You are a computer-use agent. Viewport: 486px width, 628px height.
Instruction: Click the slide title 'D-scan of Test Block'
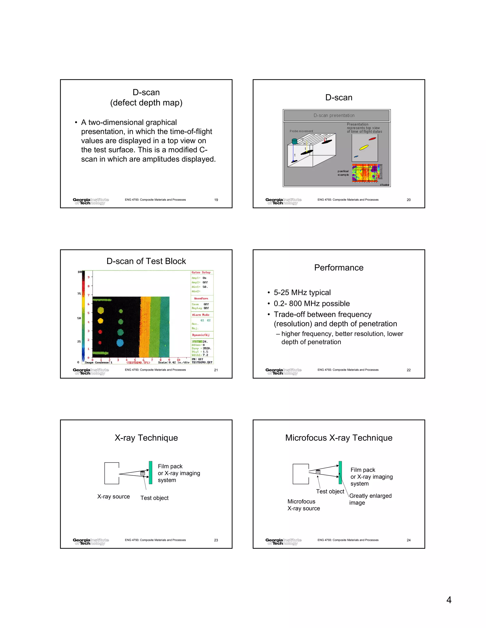click(x=146, y=261)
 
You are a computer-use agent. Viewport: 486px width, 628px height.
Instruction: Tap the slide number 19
click(x=216, y=200)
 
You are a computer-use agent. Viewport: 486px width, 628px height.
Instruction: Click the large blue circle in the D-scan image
click(x=120, y=343)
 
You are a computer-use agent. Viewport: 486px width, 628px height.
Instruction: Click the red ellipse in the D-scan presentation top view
click(x=372, y=139)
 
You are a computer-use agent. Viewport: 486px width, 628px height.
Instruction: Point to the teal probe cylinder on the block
click(x=294, y=141)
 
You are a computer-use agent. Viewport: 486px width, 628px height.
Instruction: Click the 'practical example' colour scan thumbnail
click(x=365, y=173)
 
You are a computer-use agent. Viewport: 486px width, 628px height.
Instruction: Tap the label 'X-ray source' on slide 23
click(x=113, y=496)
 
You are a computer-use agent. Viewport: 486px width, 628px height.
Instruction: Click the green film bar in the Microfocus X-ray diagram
click(x=340, y=473)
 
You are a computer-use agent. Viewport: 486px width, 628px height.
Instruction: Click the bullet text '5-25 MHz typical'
click(x=302, y=292)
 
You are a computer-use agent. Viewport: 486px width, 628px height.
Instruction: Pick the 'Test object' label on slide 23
click(x=154, y=498)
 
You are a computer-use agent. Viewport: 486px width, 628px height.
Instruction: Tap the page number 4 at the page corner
click(x=449, y=600)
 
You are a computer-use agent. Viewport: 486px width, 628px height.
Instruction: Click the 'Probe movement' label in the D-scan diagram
click(x=301, y=131)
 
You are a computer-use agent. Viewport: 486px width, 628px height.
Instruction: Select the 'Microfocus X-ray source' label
click(x=304, y=505)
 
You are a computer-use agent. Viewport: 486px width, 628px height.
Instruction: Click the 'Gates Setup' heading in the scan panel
click(x=201, y=272)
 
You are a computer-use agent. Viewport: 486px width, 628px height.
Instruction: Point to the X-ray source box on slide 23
click(x=112, y=473)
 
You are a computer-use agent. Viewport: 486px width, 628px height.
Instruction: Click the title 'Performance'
click(x=339, y=268)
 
